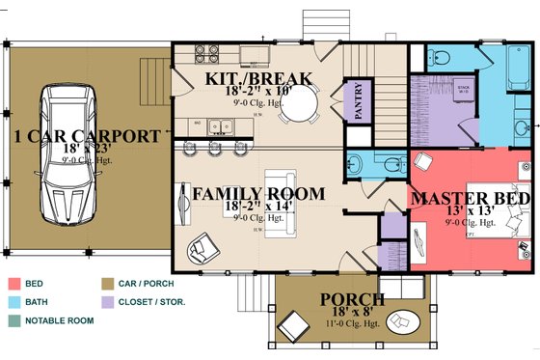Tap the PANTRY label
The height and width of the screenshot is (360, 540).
[x=358, y=102]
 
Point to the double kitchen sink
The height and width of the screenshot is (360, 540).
[x=223, y=125]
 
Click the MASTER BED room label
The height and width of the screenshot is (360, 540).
[x=471, y=199]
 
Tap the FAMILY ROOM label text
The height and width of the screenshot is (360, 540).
[x=257, y=194]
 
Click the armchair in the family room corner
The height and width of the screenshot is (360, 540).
[x=203, y=249]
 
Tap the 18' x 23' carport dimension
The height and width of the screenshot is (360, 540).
[x=88, y=151]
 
